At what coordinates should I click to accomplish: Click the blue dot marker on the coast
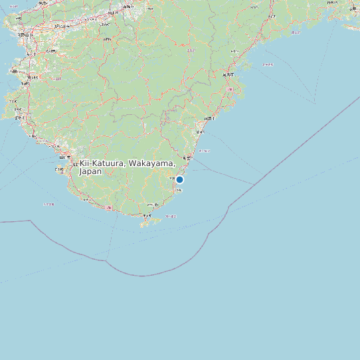click(179, 179)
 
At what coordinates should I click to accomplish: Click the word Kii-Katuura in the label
click(102, 163)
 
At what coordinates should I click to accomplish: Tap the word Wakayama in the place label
click(151, 163)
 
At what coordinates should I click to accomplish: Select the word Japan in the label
click(90, 171)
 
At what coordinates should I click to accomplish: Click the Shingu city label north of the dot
click(189, 157)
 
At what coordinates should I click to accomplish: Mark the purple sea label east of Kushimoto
click(171, 217)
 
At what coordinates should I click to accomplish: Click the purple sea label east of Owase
click(267, 64)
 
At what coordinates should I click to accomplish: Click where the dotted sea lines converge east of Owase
click(314, 102)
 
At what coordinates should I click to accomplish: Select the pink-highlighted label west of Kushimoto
click(108, 207)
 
